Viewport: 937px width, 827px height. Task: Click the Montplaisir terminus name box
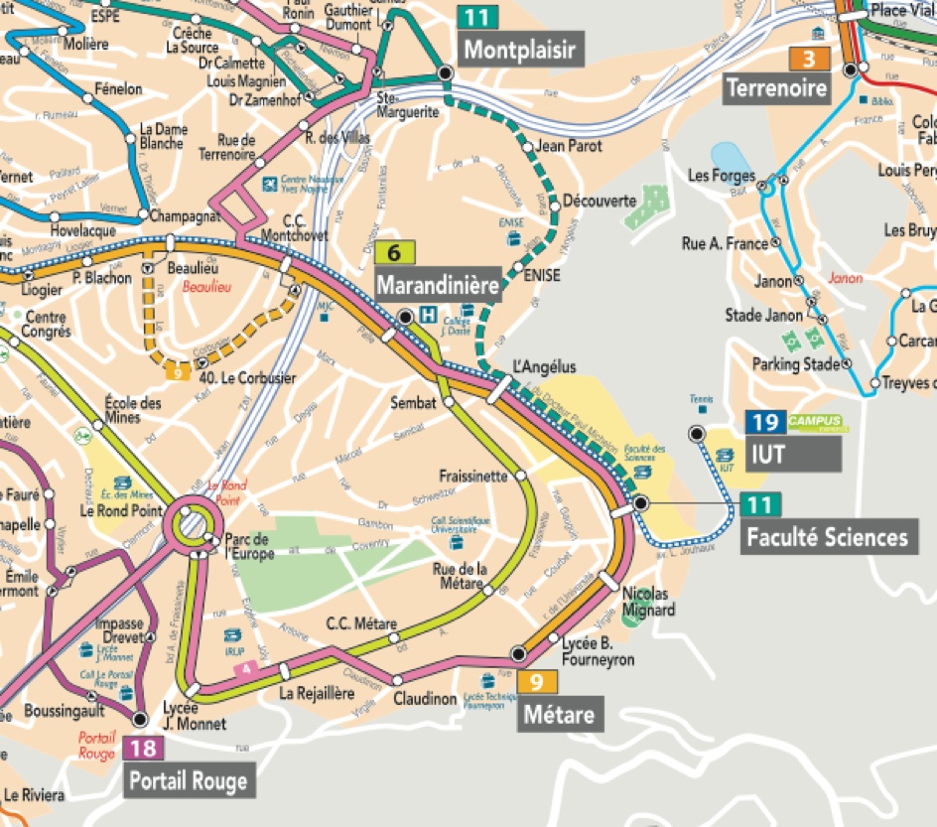[x=519, y=50]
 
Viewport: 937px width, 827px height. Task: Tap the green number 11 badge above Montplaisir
[x=477, y=16]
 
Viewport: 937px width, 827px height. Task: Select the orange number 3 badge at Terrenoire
[x=809, y=59]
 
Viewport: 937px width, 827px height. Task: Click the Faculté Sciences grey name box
[x=827, y=538]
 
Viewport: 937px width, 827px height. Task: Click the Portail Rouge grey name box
[x=188, y=780]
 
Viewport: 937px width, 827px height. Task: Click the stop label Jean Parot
[x=569, y=146]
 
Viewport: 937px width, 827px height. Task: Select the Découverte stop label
[x=599, y=201]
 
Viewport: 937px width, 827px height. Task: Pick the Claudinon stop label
[x=424, y=699]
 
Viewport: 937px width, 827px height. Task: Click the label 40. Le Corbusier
[x=247, y=377]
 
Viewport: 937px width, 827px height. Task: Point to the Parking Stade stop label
[x=795, y=363]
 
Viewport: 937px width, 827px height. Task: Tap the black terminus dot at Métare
[x=517, y=653]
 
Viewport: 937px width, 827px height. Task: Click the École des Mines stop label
[x=133, y=410]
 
